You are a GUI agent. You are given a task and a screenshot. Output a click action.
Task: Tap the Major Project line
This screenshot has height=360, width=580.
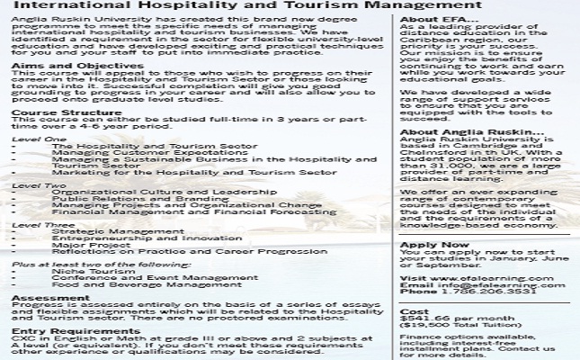coord(81,244)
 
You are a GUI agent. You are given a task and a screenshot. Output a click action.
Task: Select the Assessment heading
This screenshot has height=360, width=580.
coord(39,297)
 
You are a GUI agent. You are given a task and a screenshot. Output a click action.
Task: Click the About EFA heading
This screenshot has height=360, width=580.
coord(432,19)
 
